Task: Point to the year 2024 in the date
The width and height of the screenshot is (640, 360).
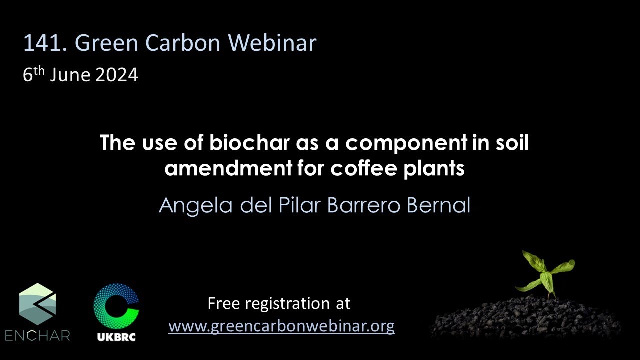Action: tap(117, 75)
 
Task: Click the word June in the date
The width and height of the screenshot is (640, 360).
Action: tap(70, 75)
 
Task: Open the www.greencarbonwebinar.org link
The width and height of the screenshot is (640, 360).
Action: tap(281, 326)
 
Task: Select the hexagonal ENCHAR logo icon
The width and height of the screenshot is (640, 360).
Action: tap(38, 304)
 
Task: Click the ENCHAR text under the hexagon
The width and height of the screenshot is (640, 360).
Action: tap(38, 335)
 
